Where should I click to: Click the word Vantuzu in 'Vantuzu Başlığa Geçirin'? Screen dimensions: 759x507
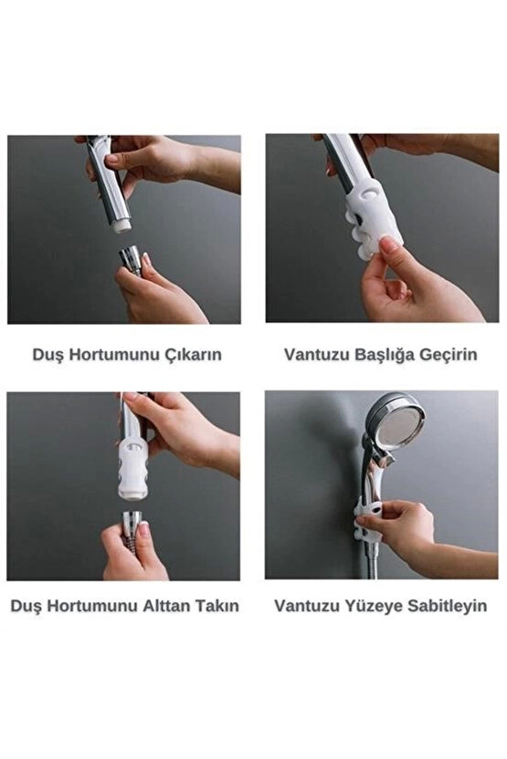click(314, 355)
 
